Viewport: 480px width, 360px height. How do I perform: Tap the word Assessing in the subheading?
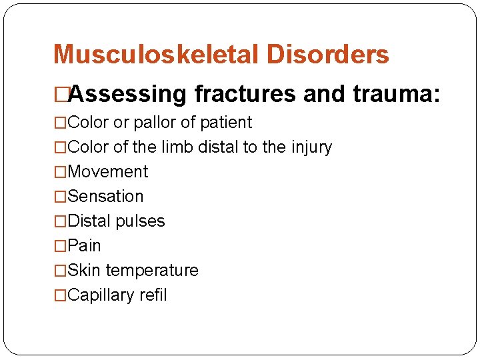(x=127, y=95)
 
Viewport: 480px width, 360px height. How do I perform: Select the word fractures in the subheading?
(x=245, y=95)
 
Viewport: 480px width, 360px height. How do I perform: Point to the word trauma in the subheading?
(x=392, y=95)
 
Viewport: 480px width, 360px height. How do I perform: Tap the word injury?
(x=309, y=147)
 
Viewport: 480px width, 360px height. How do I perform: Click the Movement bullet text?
(x=108, y=172)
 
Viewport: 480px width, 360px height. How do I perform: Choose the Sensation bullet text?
(x=105, y=197)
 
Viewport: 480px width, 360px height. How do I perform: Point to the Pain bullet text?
(x=85, y=246)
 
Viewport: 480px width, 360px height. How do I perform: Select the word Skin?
(x=84, y=271)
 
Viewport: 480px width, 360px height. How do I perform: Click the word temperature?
(x=152, y=271)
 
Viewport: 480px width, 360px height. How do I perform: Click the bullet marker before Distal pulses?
(x=61, y=221)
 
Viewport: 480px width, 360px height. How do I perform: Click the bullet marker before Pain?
(x=61, y=246)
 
